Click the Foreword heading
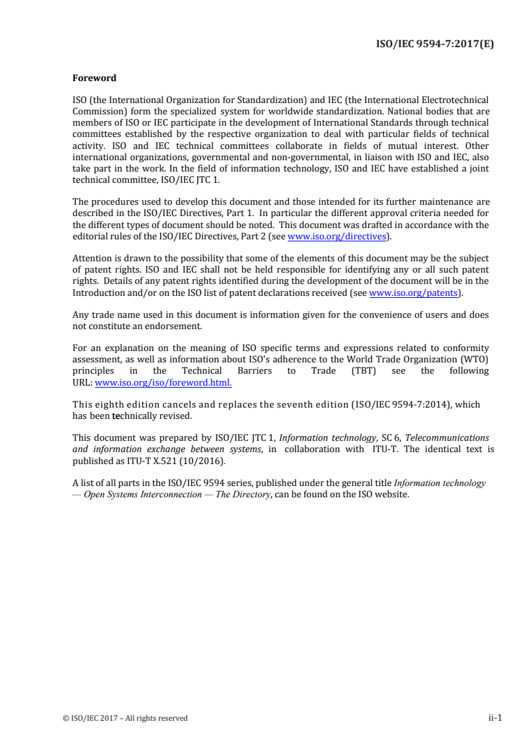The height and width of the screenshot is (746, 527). (94, 78)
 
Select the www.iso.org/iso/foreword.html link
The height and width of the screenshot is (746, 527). (163, 383)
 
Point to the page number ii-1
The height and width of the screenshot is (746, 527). (494, 717)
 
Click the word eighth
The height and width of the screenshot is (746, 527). (110, 404)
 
